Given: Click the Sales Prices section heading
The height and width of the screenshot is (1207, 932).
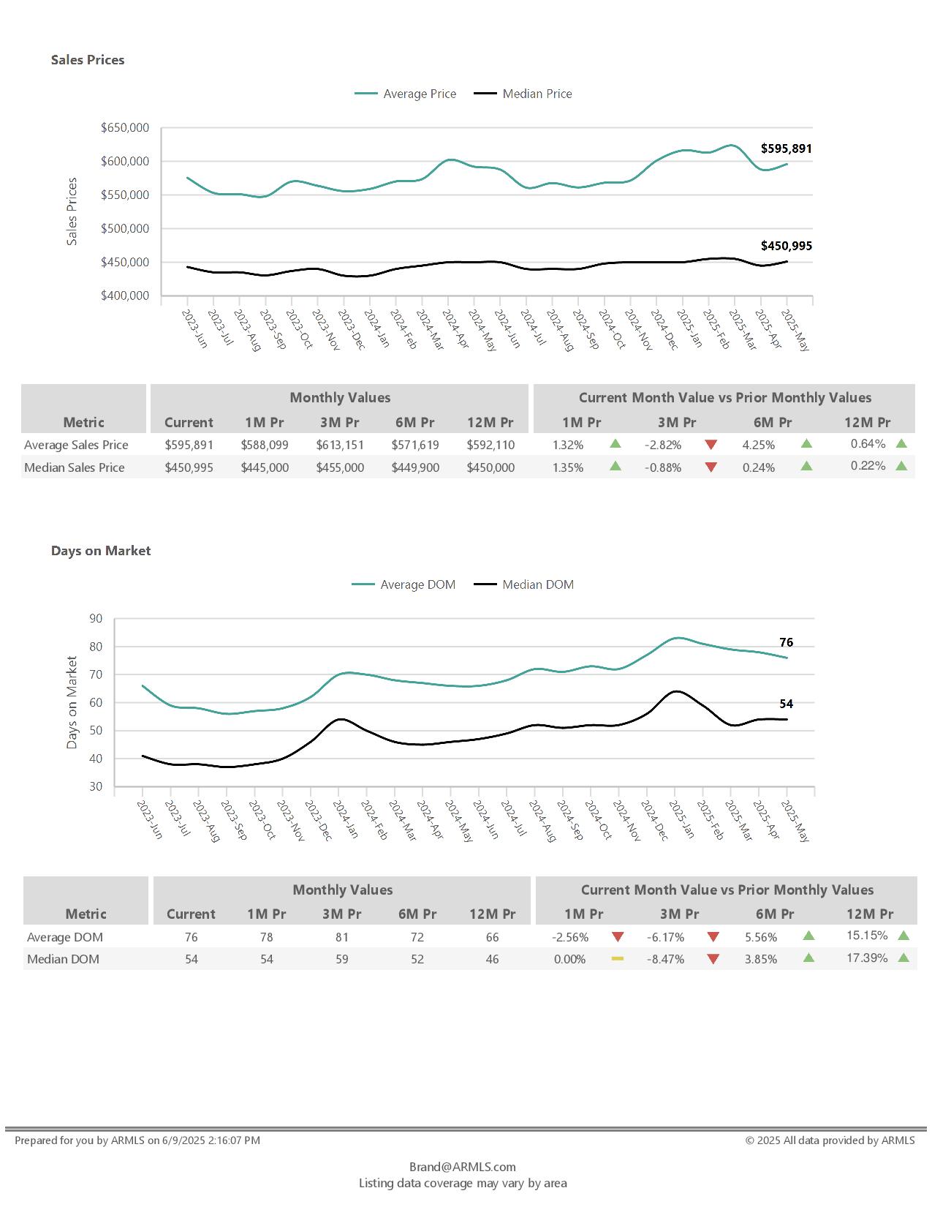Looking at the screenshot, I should (88, 60).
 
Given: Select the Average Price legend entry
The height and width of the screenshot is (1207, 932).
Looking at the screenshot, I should (419, 94).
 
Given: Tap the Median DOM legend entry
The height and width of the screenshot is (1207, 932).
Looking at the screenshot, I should (537, 584).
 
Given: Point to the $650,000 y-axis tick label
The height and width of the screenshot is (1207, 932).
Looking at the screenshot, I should (125, 128).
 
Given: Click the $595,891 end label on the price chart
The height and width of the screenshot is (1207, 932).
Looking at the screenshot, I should (786, 148).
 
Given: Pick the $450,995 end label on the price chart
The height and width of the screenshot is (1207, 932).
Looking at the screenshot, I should (786, 246).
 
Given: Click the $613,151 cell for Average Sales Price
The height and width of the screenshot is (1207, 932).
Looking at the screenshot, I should (340, 445).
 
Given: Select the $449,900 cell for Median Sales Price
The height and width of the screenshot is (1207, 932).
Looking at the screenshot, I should (415, 467).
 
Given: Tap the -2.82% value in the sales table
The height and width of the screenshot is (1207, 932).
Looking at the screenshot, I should (663, 445).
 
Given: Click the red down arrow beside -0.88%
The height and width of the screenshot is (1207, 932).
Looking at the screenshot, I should (711, 467).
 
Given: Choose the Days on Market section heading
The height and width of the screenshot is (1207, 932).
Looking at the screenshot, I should (101, 551).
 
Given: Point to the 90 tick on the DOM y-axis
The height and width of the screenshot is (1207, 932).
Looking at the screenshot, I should (96, 619).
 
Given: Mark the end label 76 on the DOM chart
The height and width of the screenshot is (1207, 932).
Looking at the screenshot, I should (786, 642).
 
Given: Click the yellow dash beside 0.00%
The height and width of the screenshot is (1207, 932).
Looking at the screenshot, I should (618, 958).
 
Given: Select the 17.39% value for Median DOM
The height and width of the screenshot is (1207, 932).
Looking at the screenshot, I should (867, 958).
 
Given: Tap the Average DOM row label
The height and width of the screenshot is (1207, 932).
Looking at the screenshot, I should (65, 937).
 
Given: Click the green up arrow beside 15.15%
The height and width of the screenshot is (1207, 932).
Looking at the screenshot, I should (903, 936).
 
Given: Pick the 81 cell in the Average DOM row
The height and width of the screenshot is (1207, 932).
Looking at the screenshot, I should (342, 937).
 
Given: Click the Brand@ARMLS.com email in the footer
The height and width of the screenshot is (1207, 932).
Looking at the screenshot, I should (462, 1167).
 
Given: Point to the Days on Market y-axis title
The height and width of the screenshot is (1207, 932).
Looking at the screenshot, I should (72, 702).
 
